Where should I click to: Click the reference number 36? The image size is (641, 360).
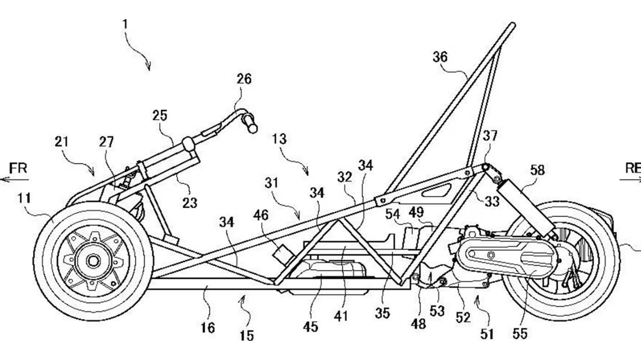point(439,57)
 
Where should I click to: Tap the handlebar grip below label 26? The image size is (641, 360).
point(250,123)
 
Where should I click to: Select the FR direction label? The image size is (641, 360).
point(18,168)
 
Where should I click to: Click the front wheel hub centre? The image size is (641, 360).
point(93,261)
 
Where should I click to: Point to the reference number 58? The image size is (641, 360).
point(537,170)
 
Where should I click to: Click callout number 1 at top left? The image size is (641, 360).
point(125,24)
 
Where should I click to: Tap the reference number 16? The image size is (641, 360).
point(207,328)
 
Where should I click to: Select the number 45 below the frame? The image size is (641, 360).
point(310,327)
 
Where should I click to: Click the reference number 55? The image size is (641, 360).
point(520,334)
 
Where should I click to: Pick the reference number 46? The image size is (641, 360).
point(261,215)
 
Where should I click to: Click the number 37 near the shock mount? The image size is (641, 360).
point(490,136)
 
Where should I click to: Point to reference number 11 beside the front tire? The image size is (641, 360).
point(24,198)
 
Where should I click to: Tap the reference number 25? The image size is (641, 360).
point(159,116)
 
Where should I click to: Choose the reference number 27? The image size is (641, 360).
point(106,142)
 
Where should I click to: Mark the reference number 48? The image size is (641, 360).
point(418,324)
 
